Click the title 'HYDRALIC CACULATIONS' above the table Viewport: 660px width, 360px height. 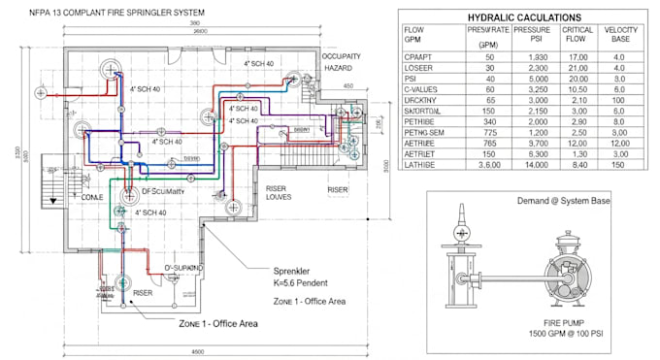525,17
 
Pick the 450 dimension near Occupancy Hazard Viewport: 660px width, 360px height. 349,85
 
